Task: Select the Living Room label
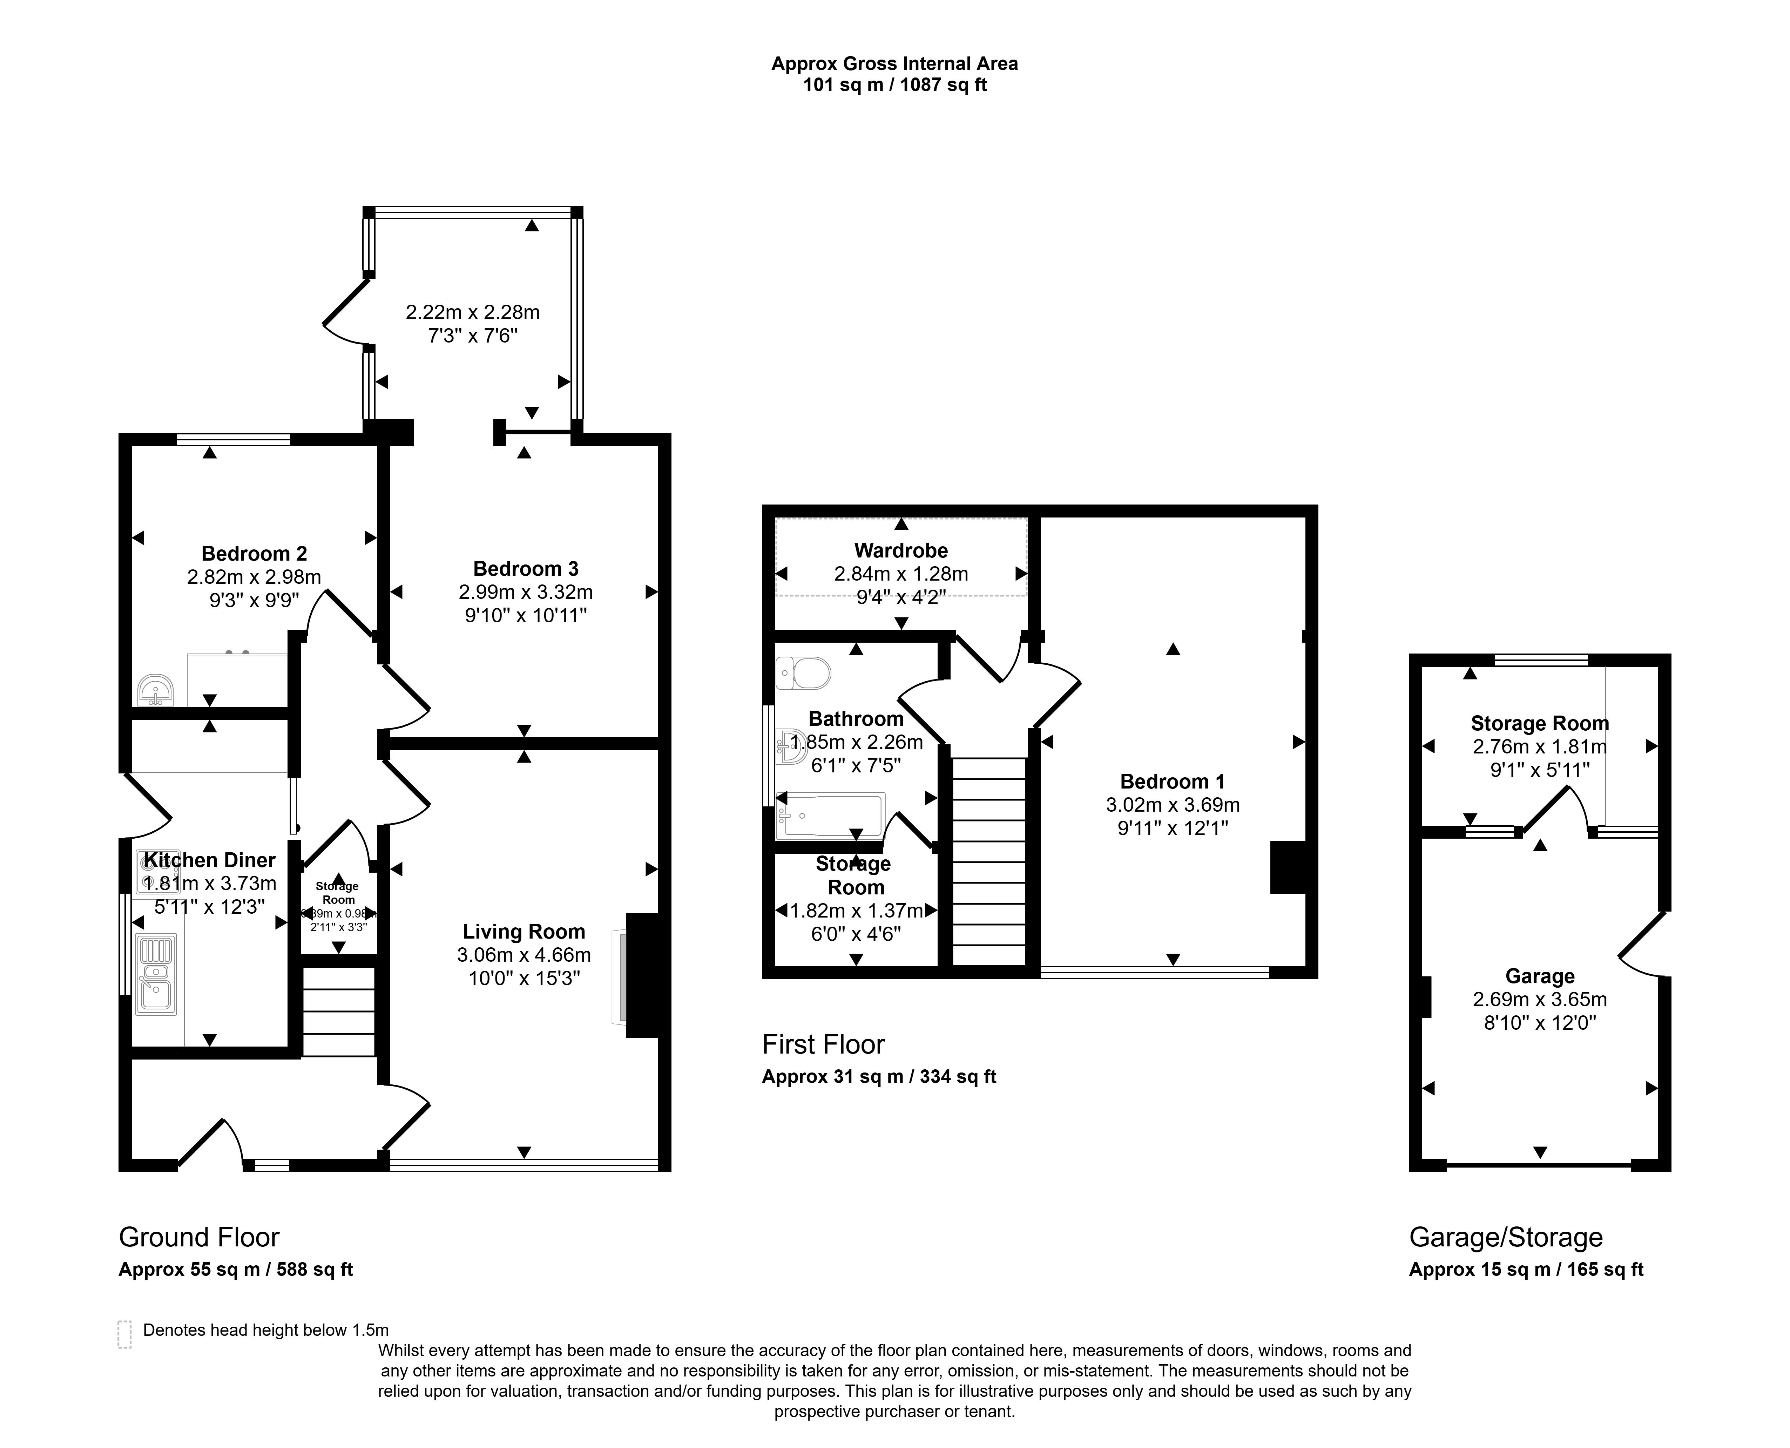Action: [x=524, y=932]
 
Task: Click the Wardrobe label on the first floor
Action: [x=901, y=550]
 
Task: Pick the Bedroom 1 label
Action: [x=1172, y=781]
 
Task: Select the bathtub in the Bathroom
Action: [x=830, y=815]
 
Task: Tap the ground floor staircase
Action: [x=338, y=1011]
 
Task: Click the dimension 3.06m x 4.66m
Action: [x=524, y=955]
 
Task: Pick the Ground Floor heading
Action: [x=198, y=1237]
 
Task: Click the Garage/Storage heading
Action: [x=1506, y=1237]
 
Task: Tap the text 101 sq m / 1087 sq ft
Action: [x=894, y=85]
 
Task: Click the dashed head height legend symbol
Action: [x=125, y=1334]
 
